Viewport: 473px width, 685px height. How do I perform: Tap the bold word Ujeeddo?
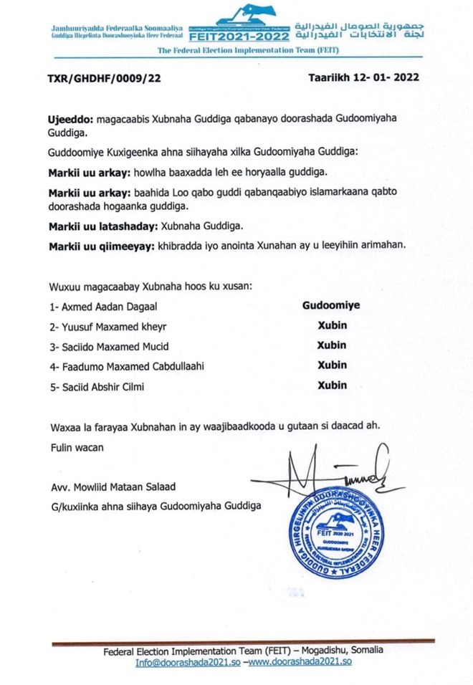pyautogui.click(x=66, y=120)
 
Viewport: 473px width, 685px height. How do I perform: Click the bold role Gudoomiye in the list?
pyautogui.click(x=331, y=305)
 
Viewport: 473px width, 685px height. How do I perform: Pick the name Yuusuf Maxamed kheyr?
pyautogui.click(x=107, y=327)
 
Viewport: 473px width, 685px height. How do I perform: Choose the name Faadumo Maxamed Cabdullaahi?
pyautogui.click(x=127, y=367)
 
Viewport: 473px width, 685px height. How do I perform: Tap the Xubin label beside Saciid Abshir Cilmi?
pyautogui.click(x=332, y=385)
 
